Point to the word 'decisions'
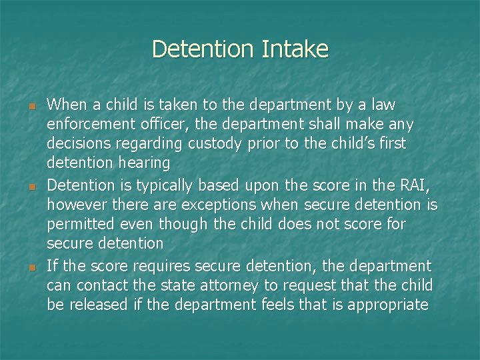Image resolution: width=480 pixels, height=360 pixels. (x=79, y=144)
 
